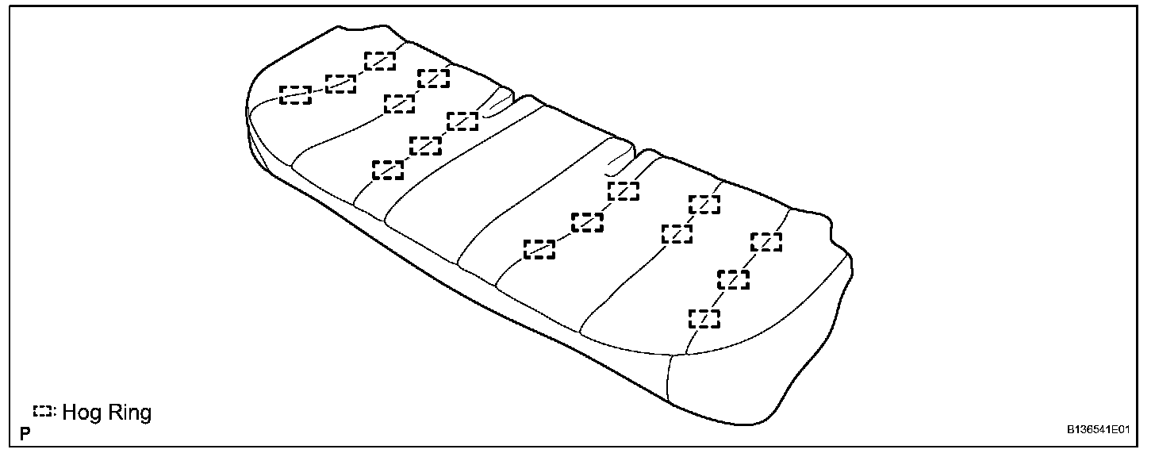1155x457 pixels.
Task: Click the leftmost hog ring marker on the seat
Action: pyautogui.click(x=295, y=95)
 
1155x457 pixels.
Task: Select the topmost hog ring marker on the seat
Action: pyautogui.click(x=380, y=61)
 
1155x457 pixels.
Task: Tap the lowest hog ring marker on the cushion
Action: pyautogui.click(x=704, y=319)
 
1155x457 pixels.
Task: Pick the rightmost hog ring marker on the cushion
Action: pyautogui.click(x=766, y=242)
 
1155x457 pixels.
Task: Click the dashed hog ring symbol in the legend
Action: pyautogui.click(x=44, y=412)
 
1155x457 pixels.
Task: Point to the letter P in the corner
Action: pyautogui.click(x=25, y=434)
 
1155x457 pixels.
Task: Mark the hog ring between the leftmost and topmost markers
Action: pyautogui.click(x=340, y=83)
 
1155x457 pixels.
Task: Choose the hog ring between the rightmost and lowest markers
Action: pyautogui.click(x=734, y=279)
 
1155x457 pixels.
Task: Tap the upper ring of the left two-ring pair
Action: pyautogui.click(x=433, y=78)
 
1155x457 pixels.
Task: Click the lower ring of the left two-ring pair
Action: pyautogui.click(x=399, y=103)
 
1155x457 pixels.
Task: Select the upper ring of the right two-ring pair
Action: pyautogui.click(x=704, y=204)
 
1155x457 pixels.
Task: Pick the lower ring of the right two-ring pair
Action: pyautogui.click(x=677, y=233)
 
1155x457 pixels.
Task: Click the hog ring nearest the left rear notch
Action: pyautogui.click(x=462, y=121)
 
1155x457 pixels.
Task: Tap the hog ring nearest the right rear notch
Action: pyautogui.click(x=624, y=191)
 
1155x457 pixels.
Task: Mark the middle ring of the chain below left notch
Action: pyautogui.click(x=425, y=146)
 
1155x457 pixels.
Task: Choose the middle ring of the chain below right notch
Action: pyautogui.click(x=587, y=223)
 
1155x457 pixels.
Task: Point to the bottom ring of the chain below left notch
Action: pyautogui.click(x=388, y=170)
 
